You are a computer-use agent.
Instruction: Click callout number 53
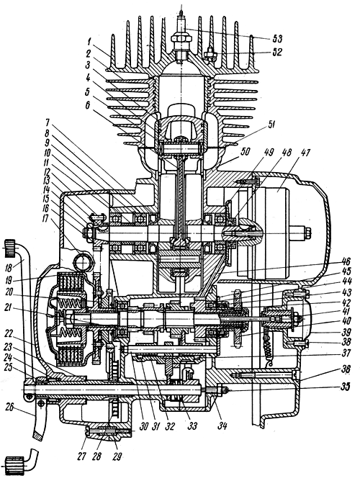[277, 39]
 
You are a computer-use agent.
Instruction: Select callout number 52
[277, 52]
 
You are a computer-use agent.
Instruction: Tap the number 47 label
[305, 153]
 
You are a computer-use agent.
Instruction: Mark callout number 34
[221, 426]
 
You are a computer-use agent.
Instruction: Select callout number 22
[12, 333]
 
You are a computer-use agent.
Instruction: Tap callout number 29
[117, 456]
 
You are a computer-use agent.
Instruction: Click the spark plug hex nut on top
[179, 38]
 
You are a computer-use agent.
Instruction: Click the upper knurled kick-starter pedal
[10, 248]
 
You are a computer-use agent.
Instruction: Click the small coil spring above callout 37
[269, 343]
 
